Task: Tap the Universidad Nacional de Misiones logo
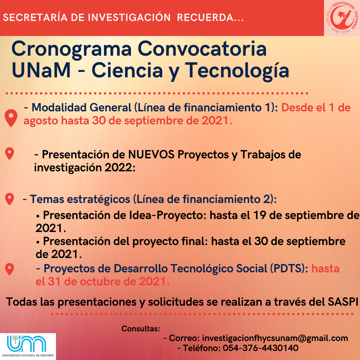click(28, 346)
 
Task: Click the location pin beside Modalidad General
click(11, 118)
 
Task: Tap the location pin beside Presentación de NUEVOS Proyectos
click(9, 154)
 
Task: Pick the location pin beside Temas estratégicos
click(9, 199)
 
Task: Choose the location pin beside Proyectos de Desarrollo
click(9, 269)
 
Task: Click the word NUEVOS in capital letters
click(151, 155)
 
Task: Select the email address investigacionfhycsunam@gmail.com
click(275, 338)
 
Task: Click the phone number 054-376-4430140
click(261, 348)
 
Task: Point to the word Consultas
click(141, 329)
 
